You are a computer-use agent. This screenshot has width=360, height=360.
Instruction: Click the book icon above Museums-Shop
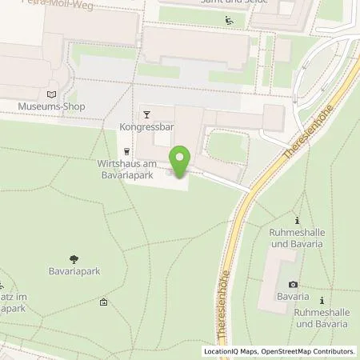click(53, 94)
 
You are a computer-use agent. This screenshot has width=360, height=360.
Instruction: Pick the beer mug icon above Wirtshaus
click(126, 150)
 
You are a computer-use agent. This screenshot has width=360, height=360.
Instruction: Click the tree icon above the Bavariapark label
click(74, 258)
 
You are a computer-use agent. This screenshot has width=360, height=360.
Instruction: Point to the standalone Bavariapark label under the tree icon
click(74, 272)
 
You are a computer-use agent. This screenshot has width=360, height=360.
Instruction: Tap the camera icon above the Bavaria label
click(294, 285)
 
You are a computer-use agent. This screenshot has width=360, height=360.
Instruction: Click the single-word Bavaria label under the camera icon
click(294, 298)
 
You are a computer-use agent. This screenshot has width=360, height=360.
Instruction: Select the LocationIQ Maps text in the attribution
click(230, 351)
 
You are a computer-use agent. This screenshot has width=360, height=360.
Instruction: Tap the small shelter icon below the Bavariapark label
click(104, 302)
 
